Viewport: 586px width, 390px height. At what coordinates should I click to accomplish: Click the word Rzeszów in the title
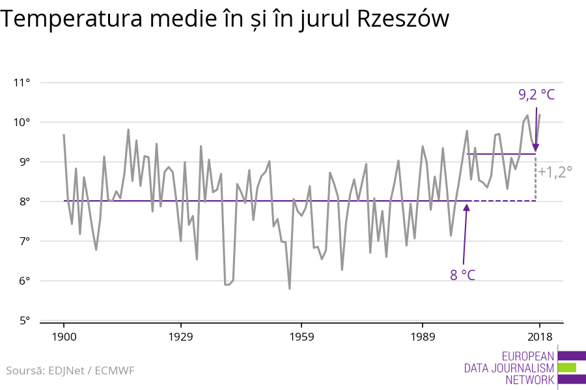tap(404, 19)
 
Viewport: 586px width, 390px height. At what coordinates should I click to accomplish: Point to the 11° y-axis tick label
tap(22, 83)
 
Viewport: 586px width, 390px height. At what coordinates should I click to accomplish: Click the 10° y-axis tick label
tap(22, 122)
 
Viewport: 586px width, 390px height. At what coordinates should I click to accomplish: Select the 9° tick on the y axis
tap(25, 162)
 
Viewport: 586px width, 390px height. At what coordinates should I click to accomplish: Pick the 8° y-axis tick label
tap(25, 201)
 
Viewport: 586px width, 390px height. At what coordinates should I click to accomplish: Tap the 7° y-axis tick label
tap(25, 241)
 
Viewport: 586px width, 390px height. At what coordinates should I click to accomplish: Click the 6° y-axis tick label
tap(25, 281)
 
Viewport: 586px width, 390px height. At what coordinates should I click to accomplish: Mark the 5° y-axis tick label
tap(25, 320)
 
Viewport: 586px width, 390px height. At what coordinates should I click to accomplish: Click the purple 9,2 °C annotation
tap(537, 95)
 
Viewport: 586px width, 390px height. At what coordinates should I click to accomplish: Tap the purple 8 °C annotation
tap(462, 275)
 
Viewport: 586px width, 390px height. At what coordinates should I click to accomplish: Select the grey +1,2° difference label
tap(555, 172)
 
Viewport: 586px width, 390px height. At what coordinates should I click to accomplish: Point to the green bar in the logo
tap(566, 367)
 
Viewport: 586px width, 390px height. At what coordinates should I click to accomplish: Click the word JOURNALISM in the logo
tap(522, 368)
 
